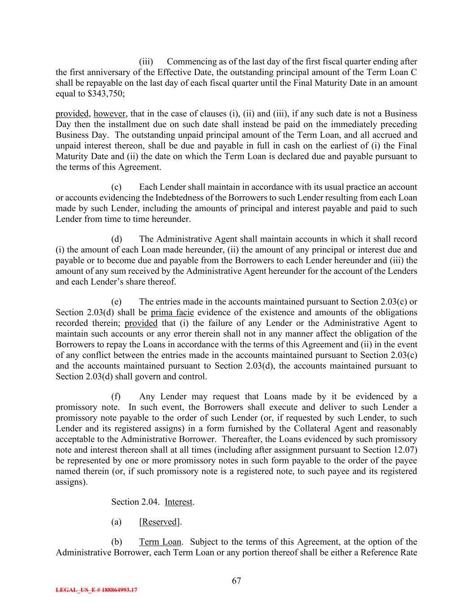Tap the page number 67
(236, 581)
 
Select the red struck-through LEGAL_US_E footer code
(96, 590)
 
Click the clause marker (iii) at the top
(146, 62)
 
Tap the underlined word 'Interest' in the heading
(179, 502)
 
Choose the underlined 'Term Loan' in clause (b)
(160, 542)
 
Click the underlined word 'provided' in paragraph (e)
(141, 323)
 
